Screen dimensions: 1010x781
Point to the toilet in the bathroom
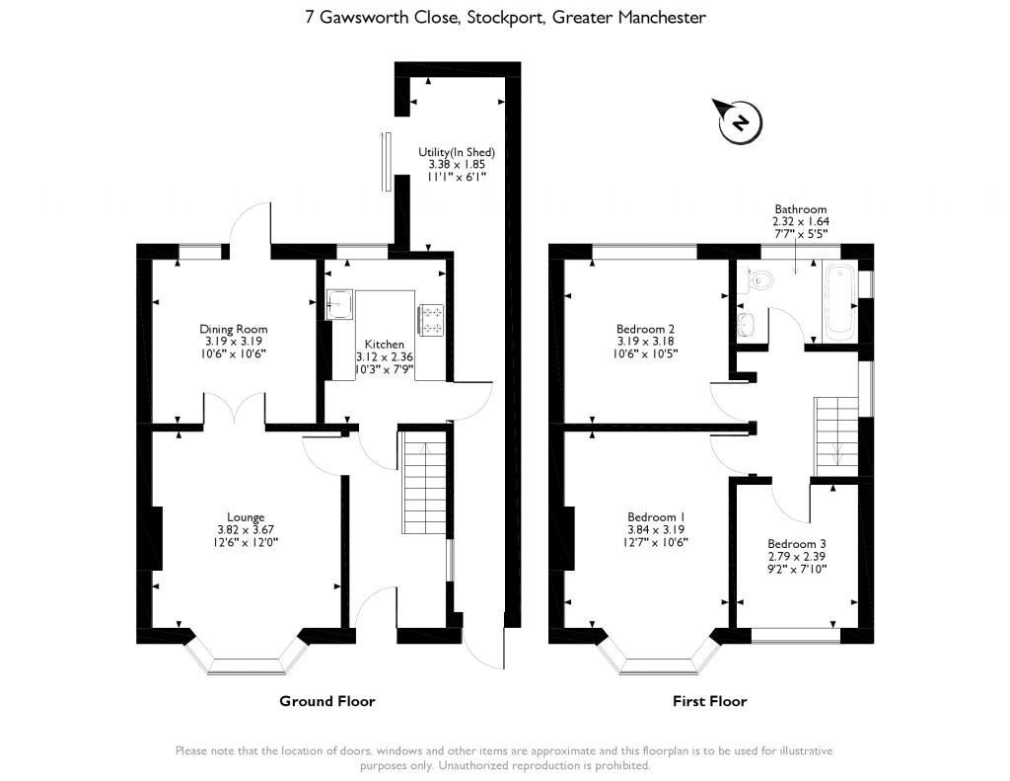[761, 280]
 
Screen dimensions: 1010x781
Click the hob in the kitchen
[432, 319]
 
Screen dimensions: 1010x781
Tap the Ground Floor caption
[326, 701]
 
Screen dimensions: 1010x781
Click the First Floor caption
[709, 701]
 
